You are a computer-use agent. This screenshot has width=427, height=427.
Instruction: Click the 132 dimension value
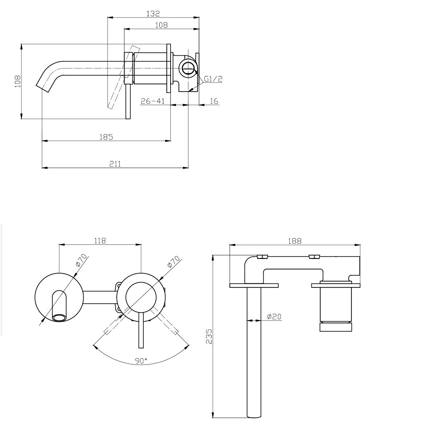click(153, 13)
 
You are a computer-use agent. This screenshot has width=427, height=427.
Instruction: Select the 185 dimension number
click(106, 137)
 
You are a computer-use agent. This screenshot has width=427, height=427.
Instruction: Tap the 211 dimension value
click(115, 164)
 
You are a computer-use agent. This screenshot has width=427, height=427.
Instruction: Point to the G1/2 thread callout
click(213, 79)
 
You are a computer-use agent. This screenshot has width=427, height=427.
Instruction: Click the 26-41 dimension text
click(153, 101)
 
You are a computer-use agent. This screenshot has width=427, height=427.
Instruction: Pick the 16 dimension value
click(214, 101)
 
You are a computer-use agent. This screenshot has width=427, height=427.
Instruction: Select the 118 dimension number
click(100, 241)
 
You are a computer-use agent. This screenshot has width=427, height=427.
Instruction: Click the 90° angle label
click(141, 361)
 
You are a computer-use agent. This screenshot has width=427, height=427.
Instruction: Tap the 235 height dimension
click(209, 336)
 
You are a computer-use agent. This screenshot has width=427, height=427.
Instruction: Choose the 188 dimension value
click(295, 241)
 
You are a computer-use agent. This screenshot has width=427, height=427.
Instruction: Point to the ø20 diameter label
click(274, 316)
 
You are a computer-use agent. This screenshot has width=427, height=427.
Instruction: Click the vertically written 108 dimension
click(18, 81)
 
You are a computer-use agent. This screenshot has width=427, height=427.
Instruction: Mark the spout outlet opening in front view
click(59, 318)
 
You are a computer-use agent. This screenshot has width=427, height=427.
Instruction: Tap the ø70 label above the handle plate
click(173, 262)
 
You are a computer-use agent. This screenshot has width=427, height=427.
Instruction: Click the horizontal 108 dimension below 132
click(161, 25)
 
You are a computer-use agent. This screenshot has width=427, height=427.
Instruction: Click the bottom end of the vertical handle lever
click(128, 119)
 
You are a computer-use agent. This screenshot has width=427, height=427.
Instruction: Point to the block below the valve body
click(336, 327)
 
